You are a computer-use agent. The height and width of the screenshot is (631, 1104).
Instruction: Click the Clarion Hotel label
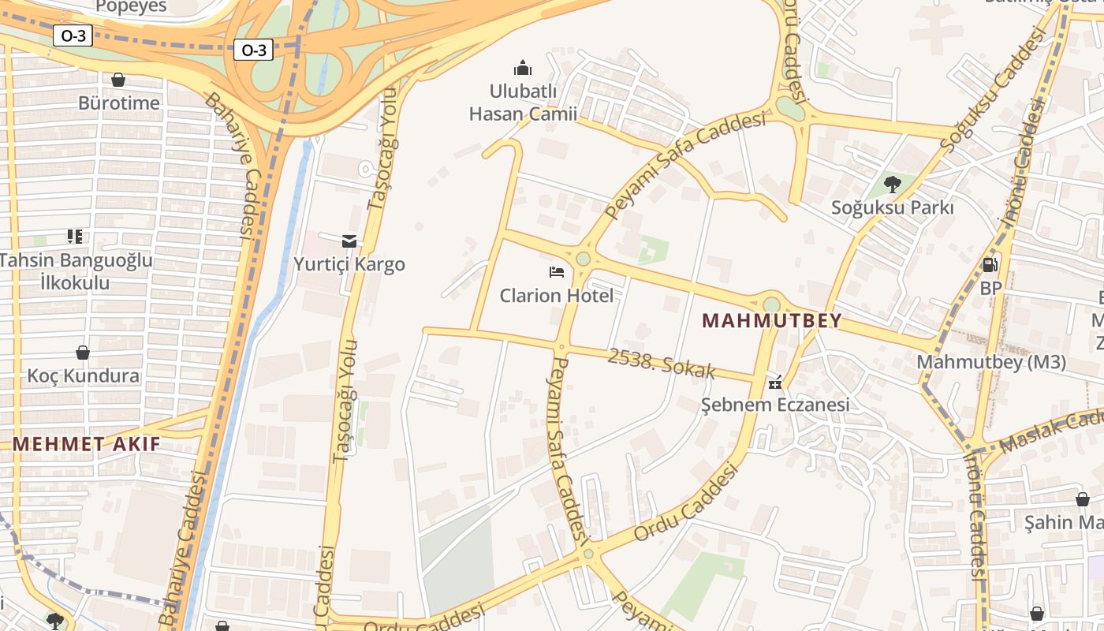click(556, 296)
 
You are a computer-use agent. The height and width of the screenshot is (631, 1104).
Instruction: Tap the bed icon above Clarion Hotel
click(557, 273)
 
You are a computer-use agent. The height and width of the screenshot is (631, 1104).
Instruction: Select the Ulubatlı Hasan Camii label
click(523, 103)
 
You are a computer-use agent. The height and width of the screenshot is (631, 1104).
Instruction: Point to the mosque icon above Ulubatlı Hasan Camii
click(522, 68)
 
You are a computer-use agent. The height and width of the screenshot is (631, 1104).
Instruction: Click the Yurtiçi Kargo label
click(349, 264)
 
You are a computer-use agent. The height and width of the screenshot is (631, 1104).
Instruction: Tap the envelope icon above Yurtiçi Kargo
click(349, 241)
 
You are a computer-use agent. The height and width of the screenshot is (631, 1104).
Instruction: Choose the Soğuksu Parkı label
click(893, 207)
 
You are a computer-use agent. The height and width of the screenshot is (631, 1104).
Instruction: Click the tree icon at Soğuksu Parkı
click(893, 185)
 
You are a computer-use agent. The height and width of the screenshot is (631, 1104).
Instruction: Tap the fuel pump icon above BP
click(990, 265)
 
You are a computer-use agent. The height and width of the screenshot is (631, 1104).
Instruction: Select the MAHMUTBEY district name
click(772, 321)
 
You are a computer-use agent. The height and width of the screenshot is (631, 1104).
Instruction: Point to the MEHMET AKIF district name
click(86, 444)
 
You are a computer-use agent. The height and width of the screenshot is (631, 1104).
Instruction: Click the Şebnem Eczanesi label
click(775, 405)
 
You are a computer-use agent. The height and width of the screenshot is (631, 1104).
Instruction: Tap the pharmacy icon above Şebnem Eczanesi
click(775, 383)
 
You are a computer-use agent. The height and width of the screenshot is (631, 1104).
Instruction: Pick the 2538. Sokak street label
click(661, 364)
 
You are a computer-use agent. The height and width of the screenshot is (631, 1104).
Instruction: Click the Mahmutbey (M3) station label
click(991, 362)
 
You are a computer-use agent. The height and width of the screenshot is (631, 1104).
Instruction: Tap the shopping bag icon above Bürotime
click(118, 80)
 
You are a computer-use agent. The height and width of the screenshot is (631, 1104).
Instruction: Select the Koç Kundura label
click(83, 375)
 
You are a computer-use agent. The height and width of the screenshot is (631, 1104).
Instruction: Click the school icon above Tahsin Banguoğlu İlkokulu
click(75, 237)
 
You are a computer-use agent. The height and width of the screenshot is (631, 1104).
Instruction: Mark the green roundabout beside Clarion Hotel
click(583, 259)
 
